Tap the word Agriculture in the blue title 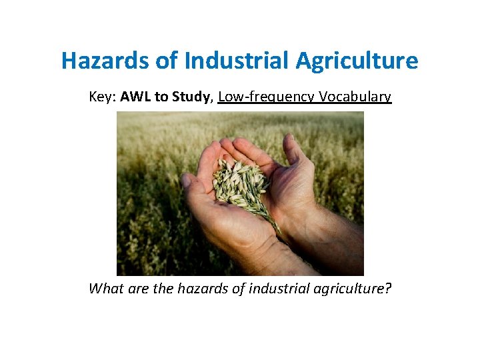point(356,61)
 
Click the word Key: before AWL point(103,97)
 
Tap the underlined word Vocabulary point(355,97)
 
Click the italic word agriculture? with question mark point(353,289)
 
